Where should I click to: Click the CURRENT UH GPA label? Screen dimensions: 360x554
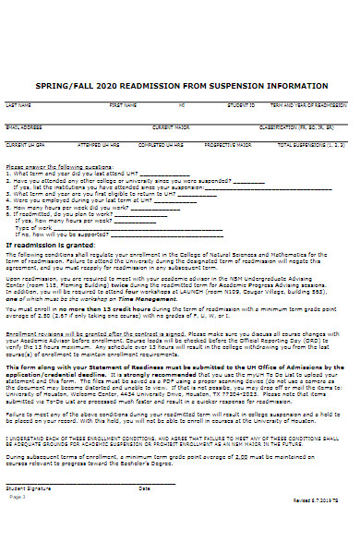tap(22, 145)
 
